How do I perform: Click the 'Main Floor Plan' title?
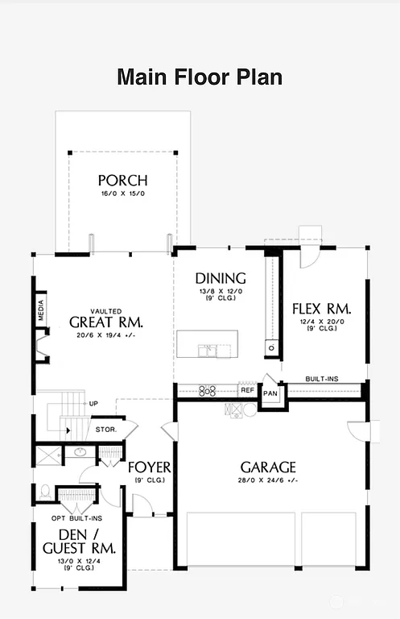[x=200, y=77]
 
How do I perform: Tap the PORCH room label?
[x=122, y=180]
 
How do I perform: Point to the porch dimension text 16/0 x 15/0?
[x=122, y=194]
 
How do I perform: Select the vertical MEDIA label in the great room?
[x=41, y=312]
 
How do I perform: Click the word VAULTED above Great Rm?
[x=105, y=309]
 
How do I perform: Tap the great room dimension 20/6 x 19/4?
[x=105, y=334]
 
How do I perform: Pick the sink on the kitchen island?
[x=208, y=350]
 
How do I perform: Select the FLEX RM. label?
[x=321, y=309]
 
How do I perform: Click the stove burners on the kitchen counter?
[x=208, y=391]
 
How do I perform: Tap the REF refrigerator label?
[x=248, y=391]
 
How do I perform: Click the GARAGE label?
[x=268, y=467]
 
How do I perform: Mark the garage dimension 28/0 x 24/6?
[x=268, y=481]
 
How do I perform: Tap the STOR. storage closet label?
[x=106, y=430]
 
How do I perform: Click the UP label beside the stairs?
[x=94, y=403]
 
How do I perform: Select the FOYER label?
[x=150, y=467]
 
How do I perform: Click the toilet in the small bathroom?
[x=45, y=491]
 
